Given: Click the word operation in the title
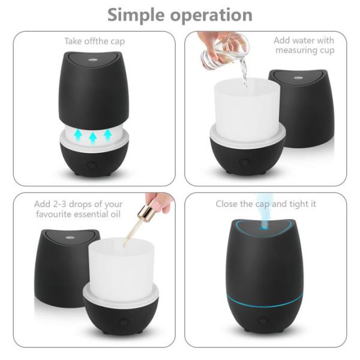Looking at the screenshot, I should (x=214, y=16).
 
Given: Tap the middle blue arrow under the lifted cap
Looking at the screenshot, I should (x=93, y=138).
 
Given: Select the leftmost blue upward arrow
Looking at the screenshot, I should (x=77, y=136).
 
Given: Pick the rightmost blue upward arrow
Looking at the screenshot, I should (x=108, y=134).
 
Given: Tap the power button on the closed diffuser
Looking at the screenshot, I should (x=262, y=320).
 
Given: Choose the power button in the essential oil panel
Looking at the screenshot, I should (x=124, y=322).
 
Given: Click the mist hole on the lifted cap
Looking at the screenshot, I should (x=93, y=61).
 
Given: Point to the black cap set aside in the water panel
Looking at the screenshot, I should (x=300, y=108).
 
